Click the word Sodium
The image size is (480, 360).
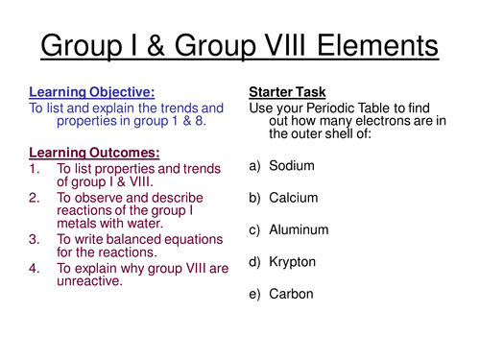[292, 165]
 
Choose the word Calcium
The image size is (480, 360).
[294, 198]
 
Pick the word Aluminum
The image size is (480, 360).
[299, 229]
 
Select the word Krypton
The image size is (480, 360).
[294, 261]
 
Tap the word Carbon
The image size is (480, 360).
[292, 293]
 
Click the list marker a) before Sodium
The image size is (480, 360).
[256, 165]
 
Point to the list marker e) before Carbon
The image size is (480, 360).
[256, 293]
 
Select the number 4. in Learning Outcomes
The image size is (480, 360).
[36, 269]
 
